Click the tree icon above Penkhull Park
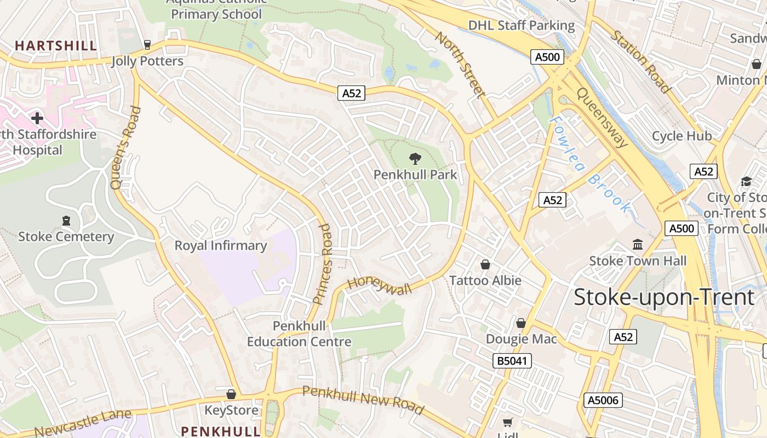pos(415,159)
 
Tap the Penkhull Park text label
pos(415,175)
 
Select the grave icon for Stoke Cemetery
pos(66,221)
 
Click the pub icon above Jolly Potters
pos(147,45)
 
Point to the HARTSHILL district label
pos(56,45)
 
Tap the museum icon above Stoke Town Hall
pos(638,244)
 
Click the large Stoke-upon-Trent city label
pos(664,297)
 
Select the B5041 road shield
pos(512,361)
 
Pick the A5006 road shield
pos(603,400)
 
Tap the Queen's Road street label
pos(125,148)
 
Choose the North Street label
pos(460,65)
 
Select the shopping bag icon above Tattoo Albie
pos(485,264)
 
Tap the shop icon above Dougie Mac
pos(521,323)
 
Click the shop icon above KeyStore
pos(231,394)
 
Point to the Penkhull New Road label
pos(363,400)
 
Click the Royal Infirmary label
pos(220,246)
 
